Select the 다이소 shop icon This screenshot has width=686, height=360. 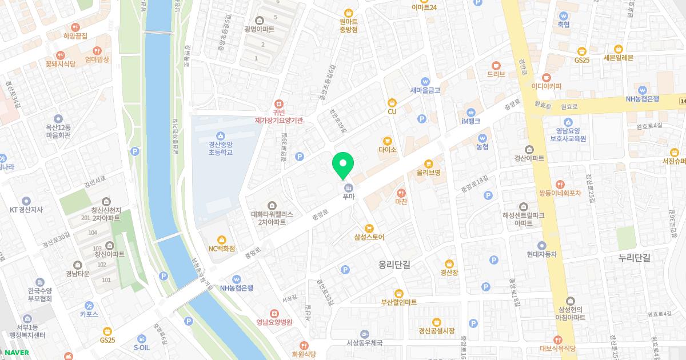(387, 141)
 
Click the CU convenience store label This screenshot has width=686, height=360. (392, 111)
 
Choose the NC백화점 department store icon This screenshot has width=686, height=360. (222, 239)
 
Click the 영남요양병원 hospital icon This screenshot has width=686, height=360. (274, 313)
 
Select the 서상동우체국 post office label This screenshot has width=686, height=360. (364, 343)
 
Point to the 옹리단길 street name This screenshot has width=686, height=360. (394, 265)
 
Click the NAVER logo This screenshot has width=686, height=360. (16, 352)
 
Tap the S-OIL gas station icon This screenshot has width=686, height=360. (142, 338)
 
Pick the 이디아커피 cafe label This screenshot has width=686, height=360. (547, 86)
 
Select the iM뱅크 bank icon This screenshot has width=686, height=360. (470, 112)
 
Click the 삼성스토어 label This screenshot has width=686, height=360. (369, 237)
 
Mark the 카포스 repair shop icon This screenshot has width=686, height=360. (89, 306)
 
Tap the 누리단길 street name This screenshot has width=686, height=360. (635, 258)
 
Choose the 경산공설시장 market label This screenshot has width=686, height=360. (437, 330)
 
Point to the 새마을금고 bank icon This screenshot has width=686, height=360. (425, 81)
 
